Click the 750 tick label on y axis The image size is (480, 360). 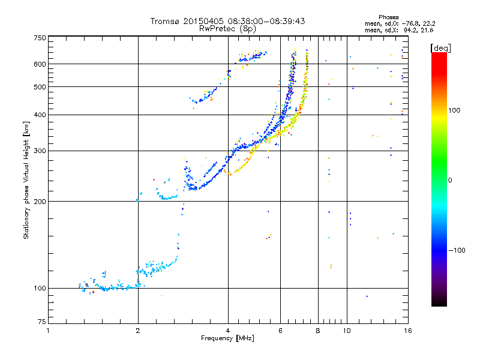(x=40, y=38)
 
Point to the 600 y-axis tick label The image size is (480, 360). (x=40, y=64)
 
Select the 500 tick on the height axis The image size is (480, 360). (x=40, y=87)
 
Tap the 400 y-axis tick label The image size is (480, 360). (x=40, y=115)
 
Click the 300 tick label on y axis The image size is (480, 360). (x=40, y=151)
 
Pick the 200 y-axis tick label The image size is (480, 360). (x=40, y=202)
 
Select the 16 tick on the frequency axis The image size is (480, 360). (x=406, y=331)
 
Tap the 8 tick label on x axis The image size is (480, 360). (x=318, y=331)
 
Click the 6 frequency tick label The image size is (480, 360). (x=280, y=331)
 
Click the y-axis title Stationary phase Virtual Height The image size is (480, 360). (x=26, y=180)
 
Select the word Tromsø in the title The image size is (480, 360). (x=166, y=21)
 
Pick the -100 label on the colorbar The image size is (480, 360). (x=457, y=250)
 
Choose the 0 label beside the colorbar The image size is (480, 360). (x=451, y=180)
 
